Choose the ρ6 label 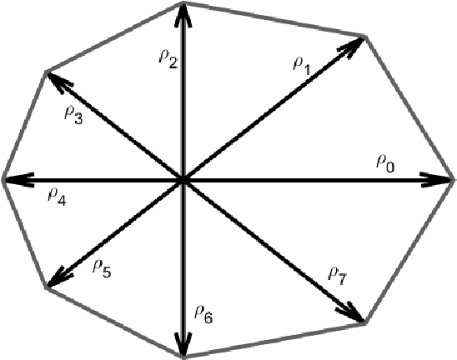pos(203,313)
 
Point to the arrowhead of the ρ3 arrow pos(54,79)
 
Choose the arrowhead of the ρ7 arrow pos(355,314)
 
